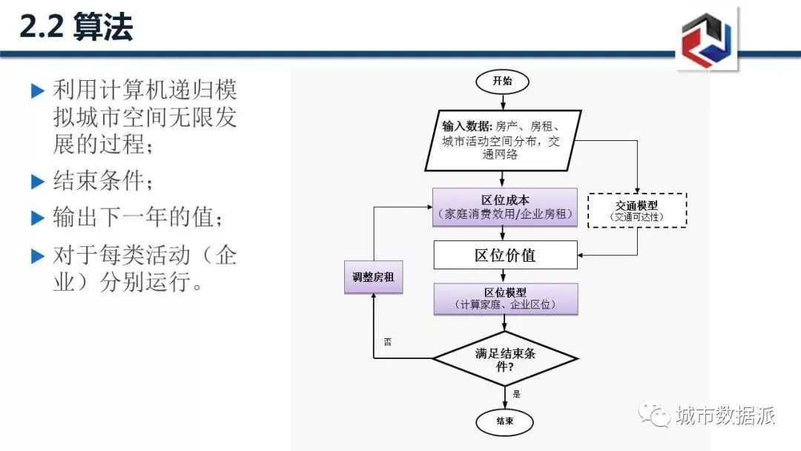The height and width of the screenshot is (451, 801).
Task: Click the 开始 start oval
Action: point(504,82)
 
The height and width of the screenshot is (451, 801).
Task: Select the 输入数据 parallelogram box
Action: point(502,140)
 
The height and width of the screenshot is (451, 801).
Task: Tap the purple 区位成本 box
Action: point(504,207)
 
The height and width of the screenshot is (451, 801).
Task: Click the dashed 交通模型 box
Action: point(637,211)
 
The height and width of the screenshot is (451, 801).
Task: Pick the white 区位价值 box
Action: point(505,255)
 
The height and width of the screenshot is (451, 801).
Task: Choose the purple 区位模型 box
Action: point(505,299)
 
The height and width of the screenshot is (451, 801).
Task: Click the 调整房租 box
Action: point(373,277)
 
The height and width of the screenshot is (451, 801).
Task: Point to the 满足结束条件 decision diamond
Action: point(504,359)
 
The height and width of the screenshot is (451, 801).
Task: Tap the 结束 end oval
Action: point(504,422)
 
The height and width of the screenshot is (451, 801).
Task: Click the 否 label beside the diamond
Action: point(387,342)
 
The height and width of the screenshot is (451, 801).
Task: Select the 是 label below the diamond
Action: point(516,395)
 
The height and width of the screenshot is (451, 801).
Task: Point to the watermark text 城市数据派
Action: point(725,415)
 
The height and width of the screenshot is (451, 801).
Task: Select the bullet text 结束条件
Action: point(107,180)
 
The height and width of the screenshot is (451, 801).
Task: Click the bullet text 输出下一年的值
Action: point(137,217)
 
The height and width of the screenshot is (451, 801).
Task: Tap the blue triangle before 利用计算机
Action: point(38,91)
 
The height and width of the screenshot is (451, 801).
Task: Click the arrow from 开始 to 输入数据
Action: point(504,102)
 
